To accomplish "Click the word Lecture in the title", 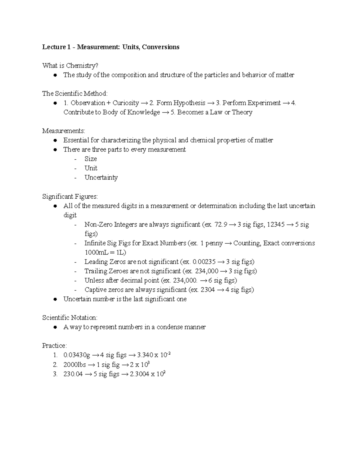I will point(54,47).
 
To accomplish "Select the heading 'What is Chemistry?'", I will point(70,66).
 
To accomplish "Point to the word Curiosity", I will point(126,103).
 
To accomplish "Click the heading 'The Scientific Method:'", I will point(75,94).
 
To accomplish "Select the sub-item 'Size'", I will point(91,159).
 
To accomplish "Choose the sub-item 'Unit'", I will point(91,168).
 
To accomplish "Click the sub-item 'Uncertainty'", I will point(101,177).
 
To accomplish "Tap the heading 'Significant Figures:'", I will point(70,197).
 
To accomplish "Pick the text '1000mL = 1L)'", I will point(105,252).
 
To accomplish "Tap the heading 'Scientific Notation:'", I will point(70,317).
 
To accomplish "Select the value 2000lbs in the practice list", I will point(75,365).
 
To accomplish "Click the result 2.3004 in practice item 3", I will point(139,374).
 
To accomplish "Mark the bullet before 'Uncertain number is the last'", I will point(55,299).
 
